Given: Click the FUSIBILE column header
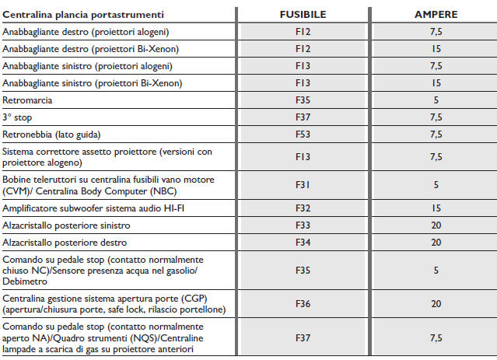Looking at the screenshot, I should (302, 15).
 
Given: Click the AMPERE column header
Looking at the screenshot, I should (436, 15).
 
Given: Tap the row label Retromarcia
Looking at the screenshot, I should (29, 100).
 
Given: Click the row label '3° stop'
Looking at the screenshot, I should (20, 117).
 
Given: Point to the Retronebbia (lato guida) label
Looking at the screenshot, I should (52, 134).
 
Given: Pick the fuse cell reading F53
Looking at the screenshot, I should (302, 134).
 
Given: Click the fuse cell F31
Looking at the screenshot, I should (302, 185).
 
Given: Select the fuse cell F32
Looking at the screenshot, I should (302, 208).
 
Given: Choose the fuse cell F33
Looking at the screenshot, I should (302, 225).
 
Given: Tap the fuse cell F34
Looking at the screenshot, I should (302, 243).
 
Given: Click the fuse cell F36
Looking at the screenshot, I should (302, 303).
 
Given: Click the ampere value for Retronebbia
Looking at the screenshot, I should (436, 134).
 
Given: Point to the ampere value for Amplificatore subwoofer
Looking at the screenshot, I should (436, 208).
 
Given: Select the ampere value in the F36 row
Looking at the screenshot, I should (436, 303).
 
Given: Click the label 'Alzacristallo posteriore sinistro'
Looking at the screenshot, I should (68, 225).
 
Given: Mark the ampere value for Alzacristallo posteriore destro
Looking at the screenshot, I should (436, 243).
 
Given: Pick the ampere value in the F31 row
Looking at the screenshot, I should (436, 185).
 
